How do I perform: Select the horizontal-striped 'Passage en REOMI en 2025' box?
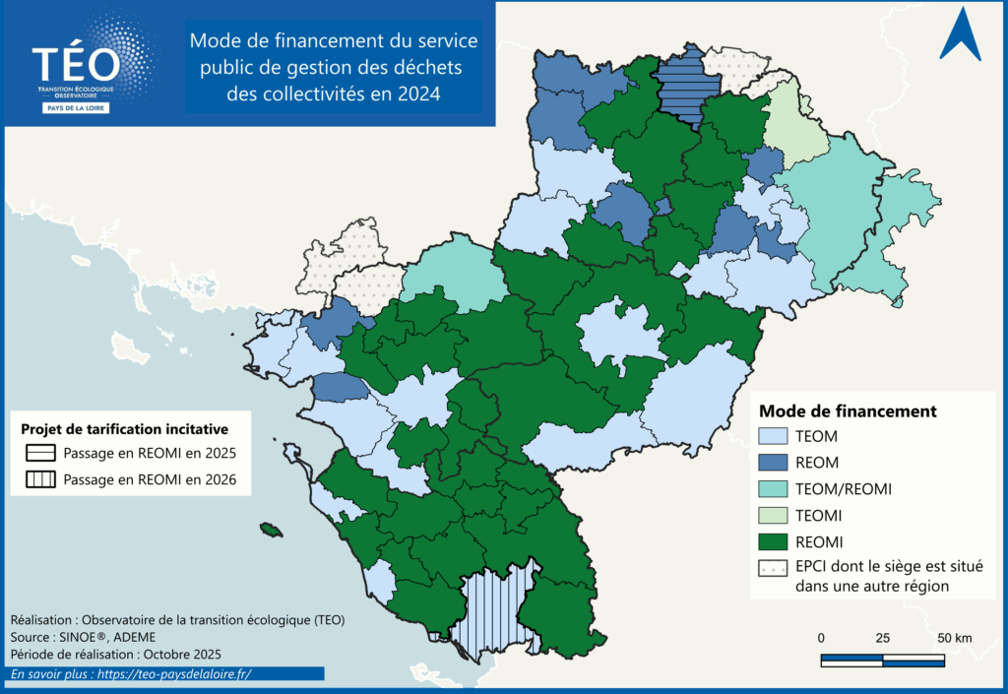click(39, 454)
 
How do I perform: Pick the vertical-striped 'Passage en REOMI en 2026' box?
click(39, 480)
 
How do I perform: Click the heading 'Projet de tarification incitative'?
click(125, 429)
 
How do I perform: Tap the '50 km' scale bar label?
click(953, 638)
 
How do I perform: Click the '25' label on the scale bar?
click(883, 638)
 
